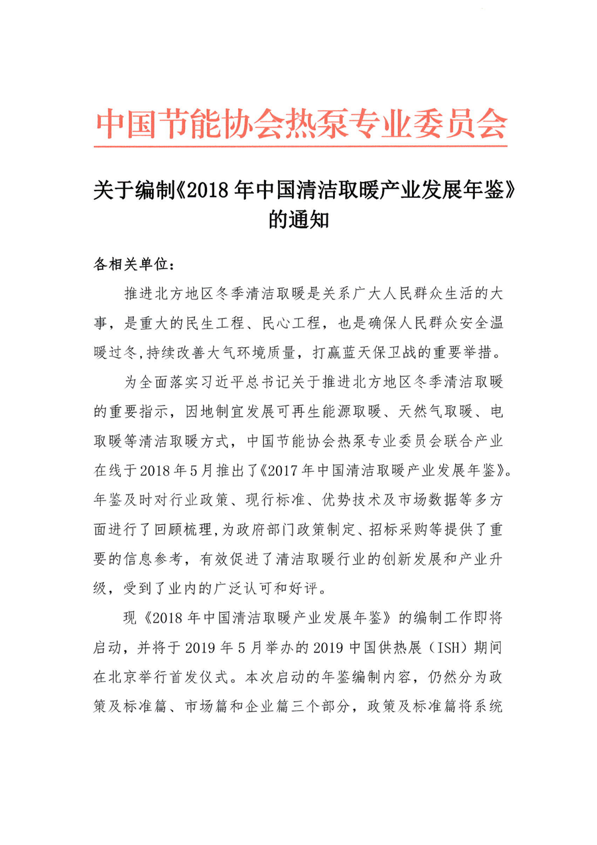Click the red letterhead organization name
click(301, 122)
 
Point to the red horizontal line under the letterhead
click(301, 145)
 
